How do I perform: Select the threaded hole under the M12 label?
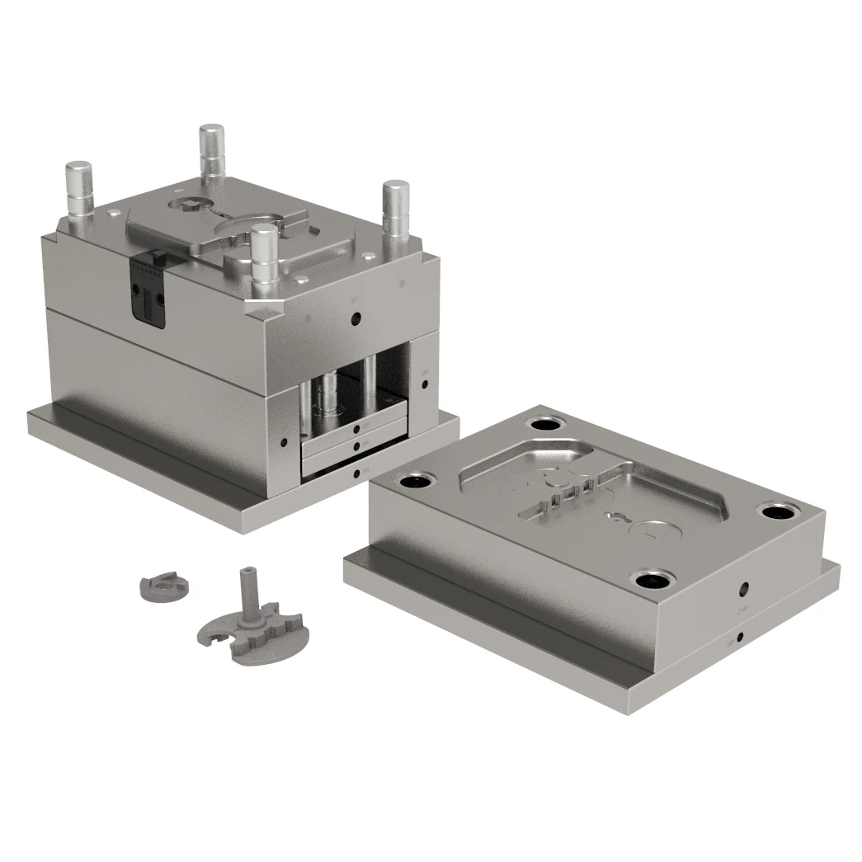pyautogui.click(x=356, y=320)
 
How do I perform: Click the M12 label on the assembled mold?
pyautogui.click(x=356, y=302)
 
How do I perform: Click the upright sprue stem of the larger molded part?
pyautogui.click(x=247, y=594)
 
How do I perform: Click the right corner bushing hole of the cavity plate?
pyautogui.click(x=777, y=511)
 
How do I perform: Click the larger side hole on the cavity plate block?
pyautogui.click(x=744, y=589)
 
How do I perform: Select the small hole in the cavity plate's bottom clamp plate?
pyautogui.click(x=739, y=637)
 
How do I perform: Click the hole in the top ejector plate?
pyautogui.click(x=356, y=429)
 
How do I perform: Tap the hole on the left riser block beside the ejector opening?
pyautogui.click(x=285, y=442)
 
